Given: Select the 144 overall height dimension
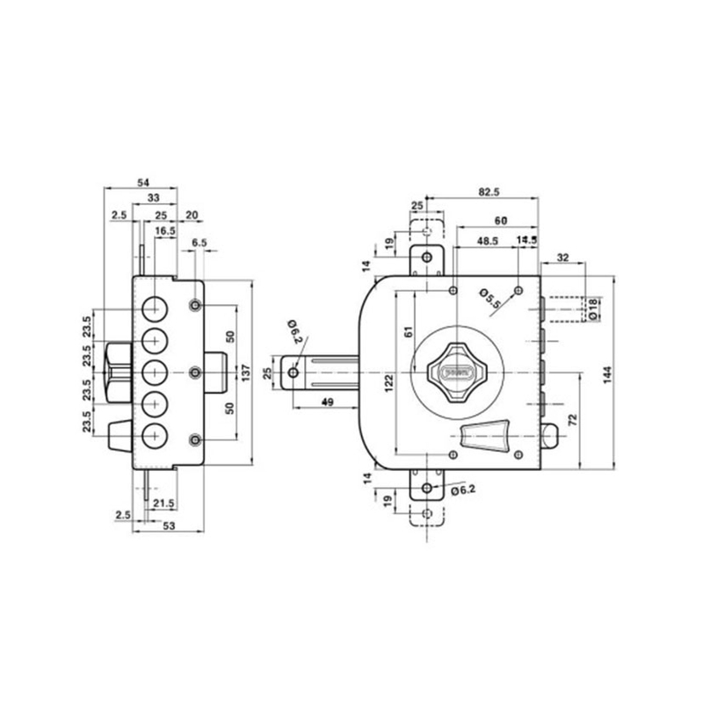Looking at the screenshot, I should (608, 375).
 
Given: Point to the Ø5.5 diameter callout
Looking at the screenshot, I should (489, 299).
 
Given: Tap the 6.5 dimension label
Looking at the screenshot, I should (199, 241).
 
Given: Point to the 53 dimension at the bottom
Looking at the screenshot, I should (167, 525).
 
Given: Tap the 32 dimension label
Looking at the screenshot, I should (564, 258).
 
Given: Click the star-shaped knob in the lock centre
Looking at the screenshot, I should (453, 371).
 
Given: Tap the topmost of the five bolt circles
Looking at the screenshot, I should (156, 308).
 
